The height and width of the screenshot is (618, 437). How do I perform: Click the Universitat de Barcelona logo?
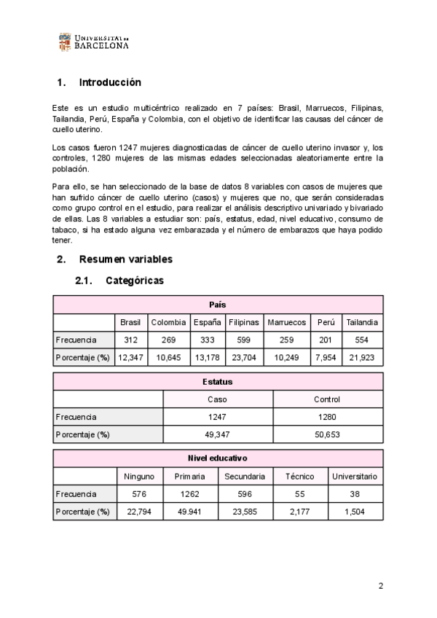(93, 42)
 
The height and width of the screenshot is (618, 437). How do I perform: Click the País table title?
(218, 305)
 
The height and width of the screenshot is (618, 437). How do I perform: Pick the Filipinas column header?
(243, 322)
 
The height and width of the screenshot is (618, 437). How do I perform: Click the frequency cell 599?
(243, 340)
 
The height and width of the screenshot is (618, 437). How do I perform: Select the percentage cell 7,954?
(326, 357)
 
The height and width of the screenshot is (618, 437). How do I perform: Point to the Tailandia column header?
(362, 322)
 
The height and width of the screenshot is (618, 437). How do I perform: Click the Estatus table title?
(218, 381)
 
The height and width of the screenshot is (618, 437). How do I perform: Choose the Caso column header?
(218, 399)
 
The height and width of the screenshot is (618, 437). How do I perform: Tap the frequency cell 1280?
(327, 417)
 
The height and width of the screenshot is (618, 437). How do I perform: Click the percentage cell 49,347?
(218, 434)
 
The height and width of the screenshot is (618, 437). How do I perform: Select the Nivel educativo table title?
(218, 458)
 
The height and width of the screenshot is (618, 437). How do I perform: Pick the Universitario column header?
(355, 477)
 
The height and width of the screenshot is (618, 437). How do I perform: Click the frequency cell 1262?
(189, 494)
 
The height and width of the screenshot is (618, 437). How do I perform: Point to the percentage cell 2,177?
(299, 512)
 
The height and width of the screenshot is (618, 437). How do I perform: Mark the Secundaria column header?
(245, 477)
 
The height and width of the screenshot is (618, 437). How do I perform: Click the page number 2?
(380, 586)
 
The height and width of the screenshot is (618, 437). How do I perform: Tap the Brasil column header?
(131, 322)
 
